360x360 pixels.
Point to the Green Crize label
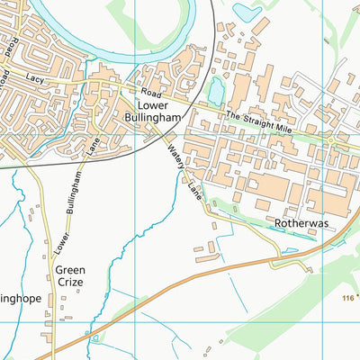(x=69, y=275)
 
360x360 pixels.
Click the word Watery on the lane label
(x=174, y=155)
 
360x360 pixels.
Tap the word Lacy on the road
(x=36, y=79)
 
